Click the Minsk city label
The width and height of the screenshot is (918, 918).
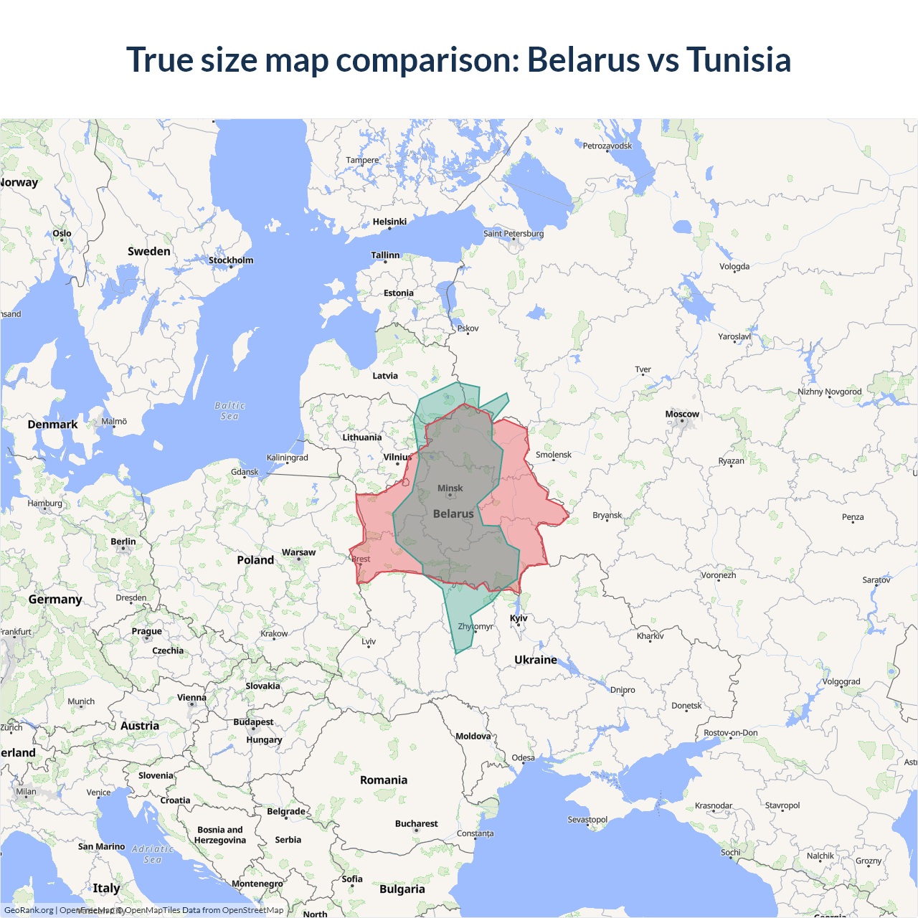point(450,488)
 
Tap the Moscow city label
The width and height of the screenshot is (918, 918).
point(682,414)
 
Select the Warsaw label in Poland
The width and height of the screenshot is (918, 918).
point(298,552)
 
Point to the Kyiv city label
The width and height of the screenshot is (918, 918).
point(519,618)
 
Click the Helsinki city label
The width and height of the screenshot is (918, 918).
point(389,222)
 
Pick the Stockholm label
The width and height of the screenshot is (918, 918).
point(231,260)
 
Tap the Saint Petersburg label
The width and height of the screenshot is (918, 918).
point(514,233)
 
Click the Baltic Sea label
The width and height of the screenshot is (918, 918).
point(229,410)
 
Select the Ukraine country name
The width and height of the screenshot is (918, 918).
point(536,660)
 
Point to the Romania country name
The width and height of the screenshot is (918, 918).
point(384,780)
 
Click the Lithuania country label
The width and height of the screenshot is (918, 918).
point(362,437)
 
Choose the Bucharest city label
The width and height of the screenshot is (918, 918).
point(416,823)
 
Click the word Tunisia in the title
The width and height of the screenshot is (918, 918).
point(739,60)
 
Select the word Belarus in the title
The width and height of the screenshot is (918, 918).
point(583,60)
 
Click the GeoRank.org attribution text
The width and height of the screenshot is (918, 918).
point(29,910)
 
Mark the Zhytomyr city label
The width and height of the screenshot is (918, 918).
point(475,626)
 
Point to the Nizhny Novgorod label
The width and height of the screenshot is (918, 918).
point(830,392)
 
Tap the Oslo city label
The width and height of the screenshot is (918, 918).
point(62,233)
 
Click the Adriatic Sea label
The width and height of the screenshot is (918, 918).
point(153,853)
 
